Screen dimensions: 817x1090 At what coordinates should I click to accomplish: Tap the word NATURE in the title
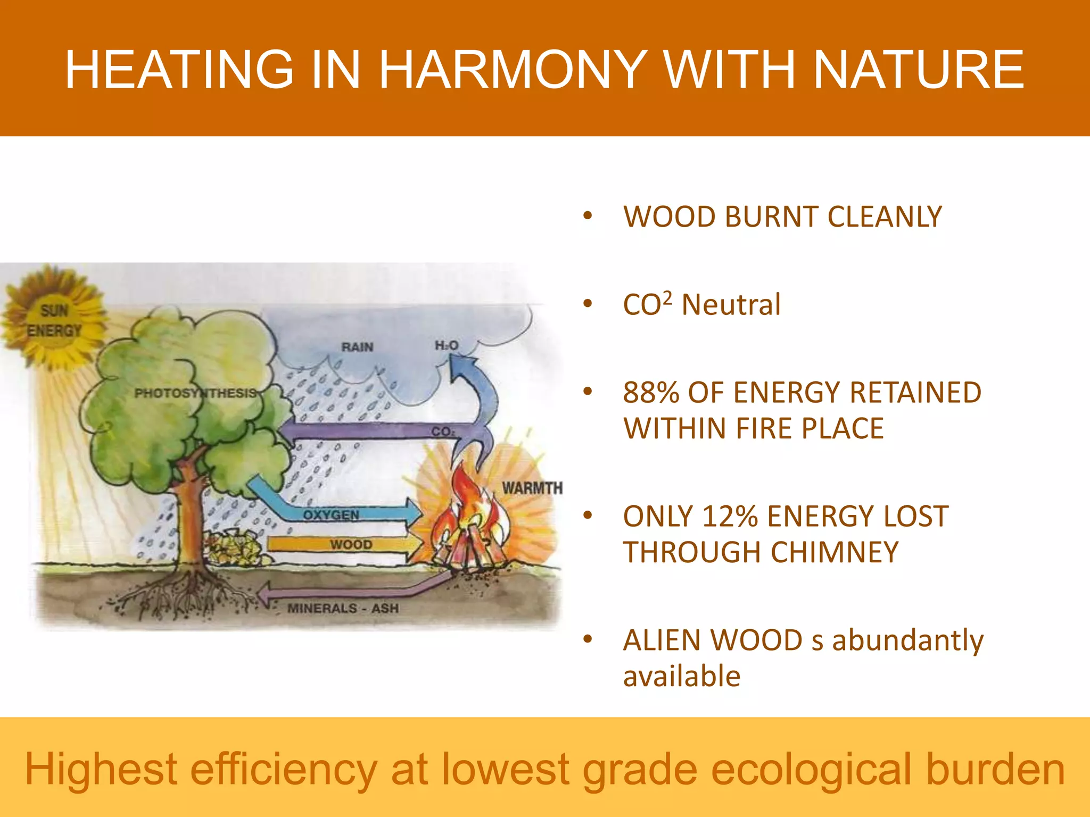[x=919, y=70]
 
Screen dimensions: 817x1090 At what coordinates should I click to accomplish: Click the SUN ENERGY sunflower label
[x=54, y=321]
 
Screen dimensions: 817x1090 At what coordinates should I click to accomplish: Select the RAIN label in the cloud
[x=357, y=347]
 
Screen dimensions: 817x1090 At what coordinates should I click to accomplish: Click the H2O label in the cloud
[x=447, y=346]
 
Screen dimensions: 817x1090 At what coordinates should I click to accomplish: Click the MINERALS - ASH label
[x=343, y=608]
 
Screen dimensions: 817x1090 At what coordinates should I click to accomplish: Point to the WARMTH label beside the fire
[x=532, y=488]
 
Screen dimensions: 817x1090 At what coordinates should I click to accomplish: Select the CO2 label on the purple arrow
[x=442, y=431]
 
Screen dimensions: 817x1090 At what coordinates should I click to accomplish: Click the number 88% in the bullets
[x=651, y=393]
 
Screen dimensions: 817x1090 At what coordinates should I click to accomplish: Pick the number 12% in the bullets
[x=730, y=516]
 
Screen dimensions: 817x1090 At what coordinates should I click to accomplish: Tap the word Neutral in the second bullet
[x=731, y=305]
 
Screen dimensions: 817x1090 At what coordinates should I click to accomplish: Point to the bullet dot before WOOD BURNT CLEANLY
[x=588, y=216]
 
